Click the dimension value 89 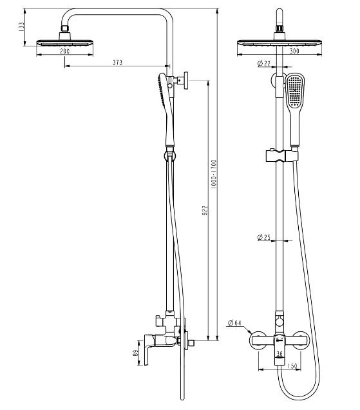pyautogui.click(x=133, y=354)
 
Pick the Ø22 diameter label pyautogui.click(x=263, y=63)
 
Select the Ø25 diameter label pyautogui.click(x=263, y=238)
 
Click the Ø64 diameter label pyautogui.click(x=234, y=323)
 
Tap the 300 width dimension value pyautogui.click(x=296, y=51)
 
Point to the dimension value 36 pyautogui.click(x=279, y=354)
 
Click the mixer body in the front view pyautogui.click(x=278, y=340)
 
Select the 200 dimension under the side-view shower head pyautogui.click(x=65, y=51)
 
